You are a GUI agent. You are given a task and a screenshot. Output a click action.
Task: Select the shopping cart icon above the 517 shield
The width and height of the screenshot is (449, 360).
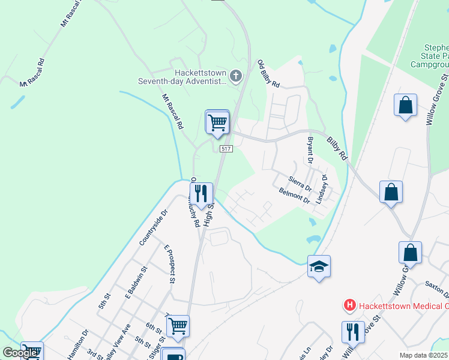[x=217, y=122]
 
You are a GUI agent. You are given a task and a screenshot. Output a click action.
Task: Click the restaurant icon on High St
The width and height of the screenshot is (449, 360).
[x=201, y=193]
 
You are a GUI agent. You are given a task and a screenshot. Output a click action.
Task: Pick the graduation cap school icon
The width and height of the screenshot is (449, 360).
[x=319, y=266]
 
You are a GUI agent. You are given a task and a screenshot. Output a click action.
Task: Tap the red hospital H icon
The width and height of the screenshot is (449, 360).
[x=349, y=305]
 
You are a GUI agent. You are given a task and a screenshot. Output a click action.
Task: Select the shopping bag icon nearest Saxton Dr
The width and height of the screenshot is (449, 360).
[x=410, y=253]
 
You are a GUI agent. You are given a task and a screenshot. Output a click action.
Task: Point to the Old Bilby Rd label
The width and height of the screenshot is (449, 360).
[x=268, y=74]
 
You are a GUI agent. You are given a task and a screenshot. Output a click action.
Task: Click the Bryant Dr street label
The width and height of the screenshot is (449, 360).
[x=310, y=150]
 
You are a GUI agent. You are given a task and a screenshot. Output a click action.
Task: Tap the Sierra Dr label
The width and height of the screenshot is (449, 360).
[x=300, y=184]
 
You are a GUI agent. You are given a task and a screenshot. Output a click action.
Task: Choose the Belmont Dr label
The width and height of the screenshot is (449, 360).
[x=294, y=196]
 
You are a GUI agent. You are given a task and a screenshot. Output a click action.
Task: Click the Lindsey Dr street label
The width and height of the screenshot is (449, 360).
[x=323, y=188]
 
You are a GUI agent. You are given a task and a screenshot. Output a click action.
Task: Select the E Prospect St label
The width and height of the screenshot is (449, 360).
[x=169, y=264]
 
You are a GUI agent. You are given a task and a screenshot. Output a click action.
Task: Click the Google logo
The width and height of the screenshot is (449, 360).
[x=19, y=353]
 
